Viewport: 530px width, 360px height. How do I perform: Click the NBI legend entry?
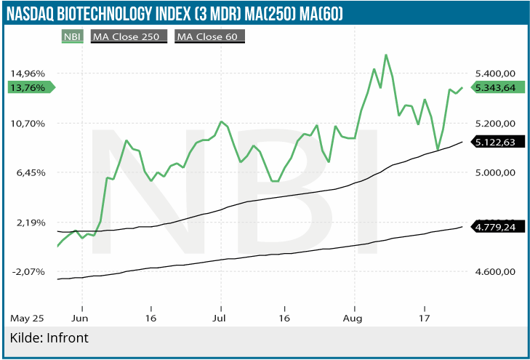pos(71,36)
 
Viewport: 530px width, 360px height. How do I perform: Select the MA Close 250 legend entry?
pos(129,36)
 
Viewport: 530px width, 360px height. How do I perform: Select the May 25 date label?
pos(28,319)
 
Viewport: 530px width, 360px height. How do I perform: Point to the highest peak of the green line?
pos(385,55)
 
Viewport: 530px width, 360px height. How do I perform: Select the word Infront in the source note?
pos(68,338)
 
